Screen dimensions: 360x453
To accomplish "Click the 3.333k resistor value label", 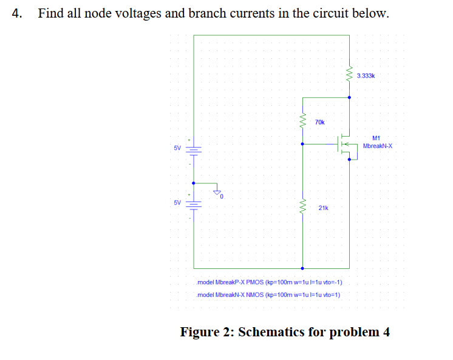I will [366, 76].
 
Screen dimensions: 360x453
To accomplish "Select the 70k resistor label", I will [320, 123].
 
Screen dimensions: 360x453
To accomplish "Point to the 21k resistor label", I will [323, 208].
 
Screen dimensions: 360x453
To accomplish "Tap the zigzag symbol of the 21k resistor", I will [303, 208].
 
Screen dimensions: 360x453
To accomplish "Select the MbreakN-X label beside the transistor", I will [378, 146].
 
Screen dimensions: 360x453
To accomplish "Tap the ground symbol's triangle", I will [216, 192].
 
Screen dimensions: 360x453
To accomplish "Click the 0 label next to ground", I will [222, 197].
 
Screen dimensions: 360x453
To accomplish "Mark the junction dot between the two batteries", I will [194, 182].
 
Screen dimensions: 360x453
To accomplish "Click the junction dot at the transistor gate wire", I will [303, 144].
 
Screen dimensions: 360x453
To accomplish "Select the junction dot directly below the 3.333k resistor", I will [349, 97].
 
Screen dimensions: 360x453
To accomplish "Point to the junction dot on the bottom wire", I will [303, 268].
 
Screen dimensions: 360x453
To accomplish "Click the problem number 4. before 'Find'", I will [17, 13].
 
